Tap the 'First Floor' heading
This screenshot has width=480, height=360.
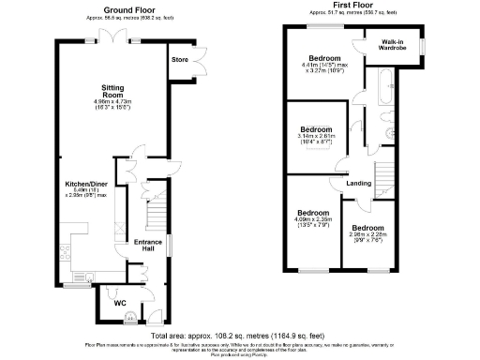350,7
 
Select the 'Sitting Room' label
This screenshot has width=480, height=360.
113,88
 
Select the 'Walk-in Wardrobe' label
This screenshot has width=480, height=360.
393,46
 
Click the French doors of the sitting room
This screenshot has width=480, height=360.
113,37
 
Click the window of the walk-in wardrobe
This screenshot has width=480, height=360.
422,45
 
